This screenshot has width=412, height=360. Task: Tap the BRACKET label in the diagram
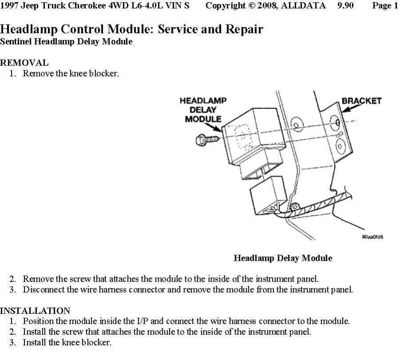361,101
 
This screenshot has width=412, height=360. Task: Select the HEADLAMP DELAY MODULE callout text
203,110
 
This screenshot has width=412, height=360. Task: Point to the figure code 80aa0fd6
372,237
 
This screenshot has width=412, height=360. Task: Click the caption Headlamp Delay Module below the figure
283,258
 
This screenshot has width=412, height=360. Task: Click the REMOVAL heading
24,63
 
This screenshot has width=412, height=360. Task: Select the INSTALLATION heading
35,311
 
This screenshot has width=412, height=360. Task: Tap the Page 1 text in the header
385,6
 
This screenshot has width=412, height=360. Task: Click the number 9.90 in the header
345,6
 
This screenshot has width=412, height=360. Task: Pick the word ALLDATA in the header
304,6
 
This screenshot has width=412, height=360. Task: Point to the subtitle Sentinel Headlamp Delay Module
66,42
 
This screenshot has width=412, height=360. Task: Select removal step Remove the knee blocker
71,73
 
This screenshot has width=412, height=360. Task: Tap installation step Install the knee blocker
67,343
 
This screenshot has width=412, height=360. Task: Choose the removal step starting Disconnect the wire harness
188,290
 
